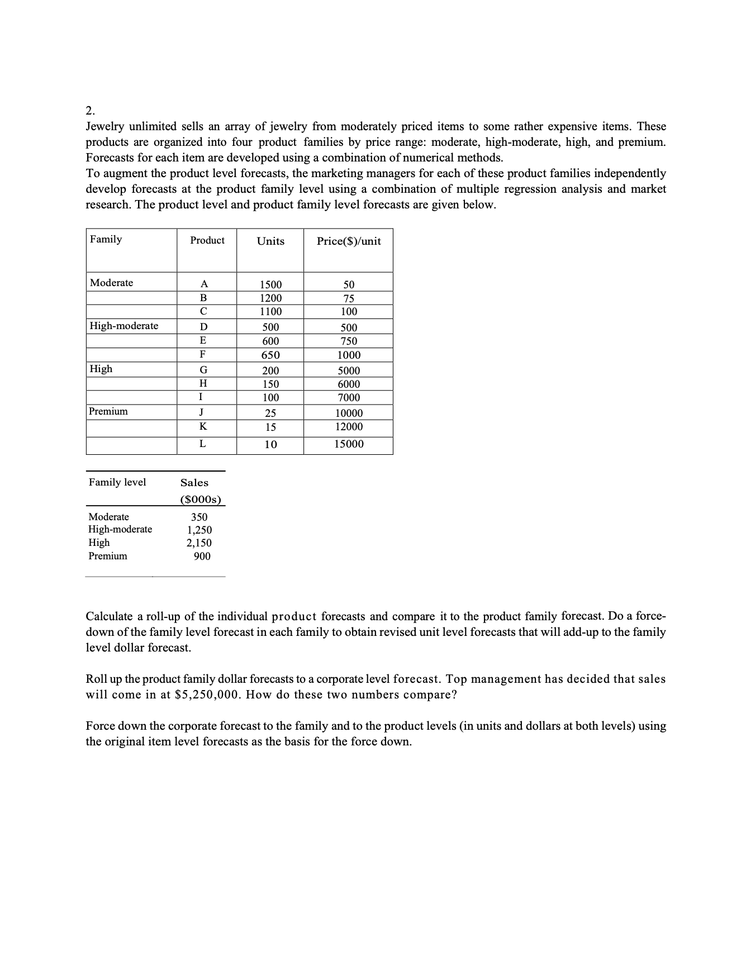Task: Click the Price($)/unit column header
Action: (349, 241)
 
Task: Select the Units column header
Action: (270, 241)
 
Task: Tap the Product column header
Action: (207, 240)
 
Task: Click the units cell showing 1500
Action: (271, 284)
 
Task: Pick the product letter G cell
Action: (203, 370)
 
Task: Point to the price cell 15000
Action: (349, 444)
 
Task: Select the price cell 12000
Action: (349, 427)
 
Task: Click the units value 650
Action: (271, 355)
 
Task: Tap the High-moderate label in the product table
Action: (124, 326)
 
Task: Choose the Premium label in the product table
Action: (109, 411)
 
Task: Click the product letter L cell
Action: (203, 444)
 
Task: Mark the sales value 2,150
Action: (199, 543)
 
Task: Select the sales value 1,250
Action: (199, 530)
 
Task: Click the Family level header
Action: (117, 482)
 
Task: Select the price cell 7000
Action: (349, 398)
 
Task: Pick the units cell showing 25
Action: (271, 413)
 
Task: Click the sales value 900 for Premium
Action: (202, 556)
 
